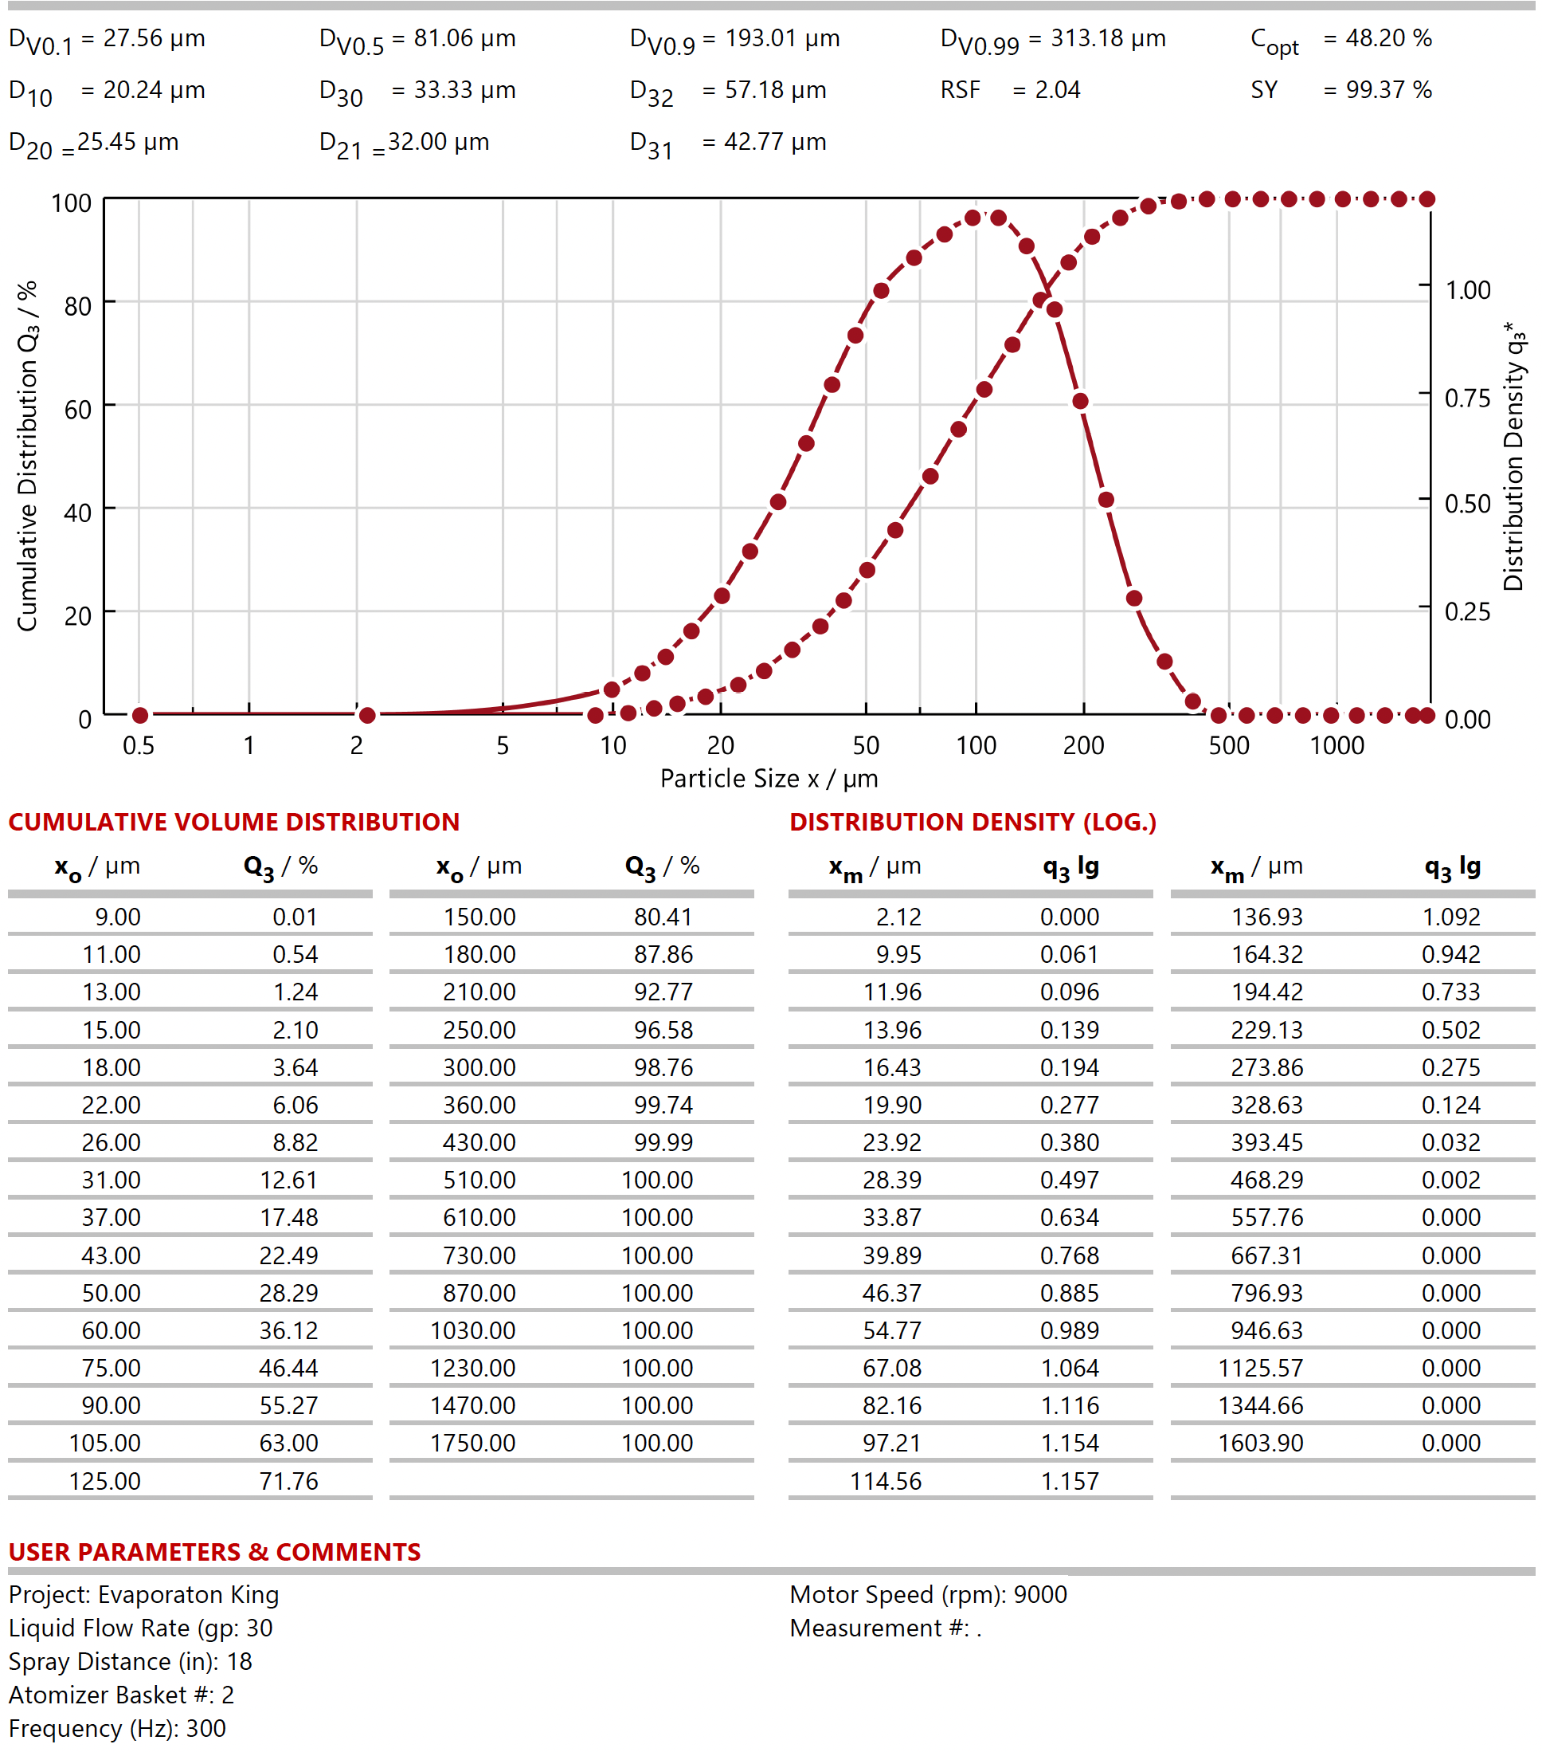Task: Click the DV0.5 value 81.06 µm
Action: (464, 38)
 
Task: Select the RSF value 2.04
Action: (1057, 90)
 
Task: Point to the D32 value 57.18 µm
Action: (774, 90)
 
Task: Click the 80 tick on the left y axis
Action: (78, 306)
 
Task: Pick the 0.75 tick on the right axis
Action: (1467, 398)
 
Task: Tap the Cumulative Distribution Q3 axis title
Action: (28, 456)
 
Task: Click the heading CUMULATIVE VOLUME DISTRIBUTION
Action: (234, 822)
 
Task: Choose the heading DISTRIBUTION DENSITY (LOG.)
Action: (973, 822)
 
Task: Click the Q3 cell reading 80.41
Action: (662, 917)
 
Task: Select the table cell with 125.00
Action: (104, 1481)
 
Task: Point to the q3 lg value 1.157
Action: (1069, 1481)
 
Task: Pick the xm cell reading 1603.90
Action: (1260, 1444)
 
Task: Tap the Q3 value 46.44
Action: (288, 1368)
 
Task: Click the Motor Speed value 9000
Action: (1040, 1594)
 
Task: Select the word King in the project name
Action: (254, 1594)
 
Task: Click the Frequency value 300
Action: (205, 1729)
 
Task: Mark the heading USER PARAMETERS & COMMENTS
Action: (214, 1552)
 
